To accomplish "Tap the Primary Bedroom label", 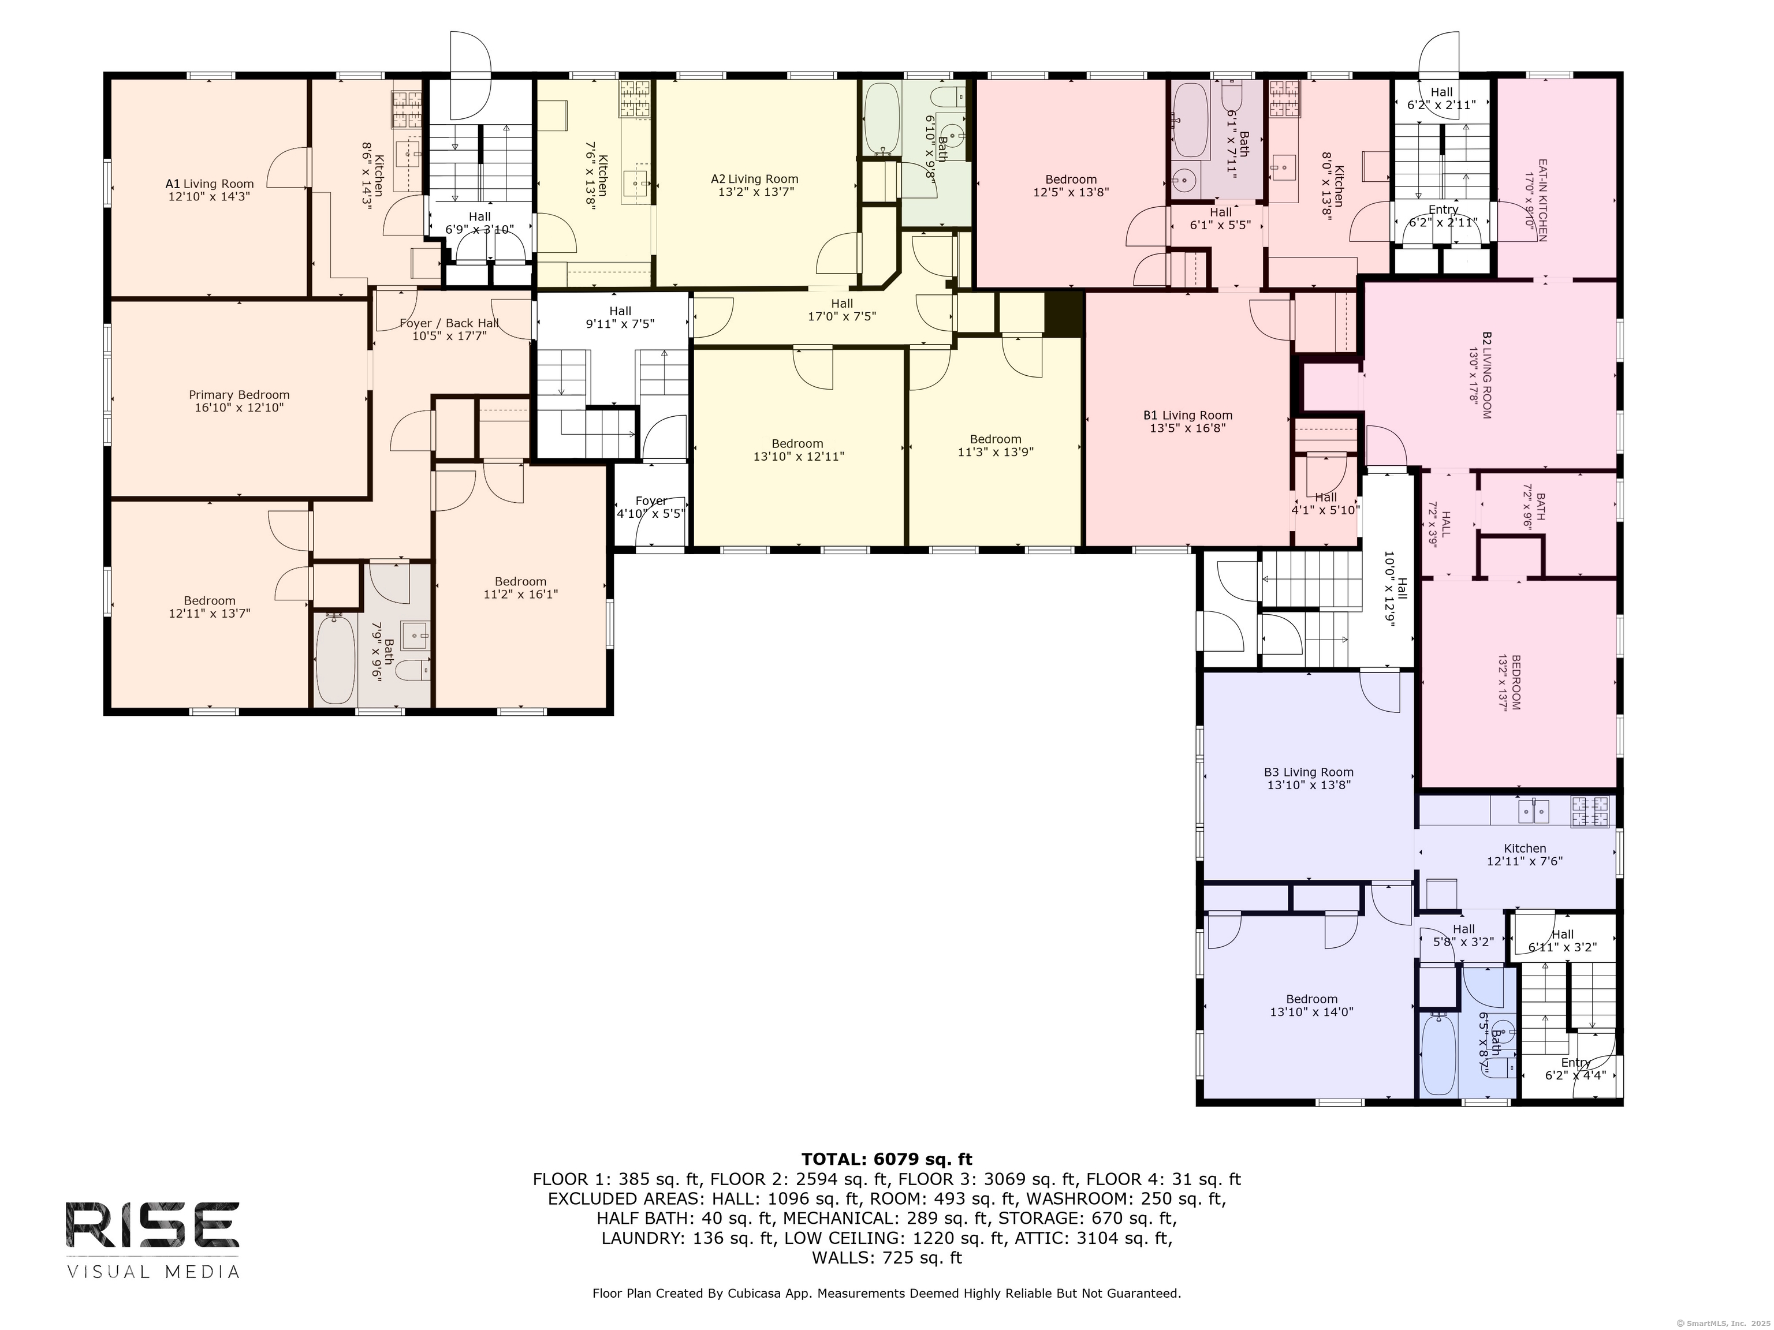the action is (x=239, y=394).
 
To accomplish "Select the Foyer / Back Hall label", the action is (x=449, y=323).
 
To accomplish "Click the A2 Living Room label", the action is (x=755, y=179).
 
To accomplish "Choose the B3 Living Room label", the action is (x=1309, y=773).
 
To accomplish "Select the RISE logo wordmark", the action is (x=152, y=1225).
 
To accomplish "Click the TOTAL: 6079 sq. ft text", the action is (x=886, y=1159).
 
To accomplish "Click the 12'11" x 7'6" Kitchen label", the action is (x=1525, y=854).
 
